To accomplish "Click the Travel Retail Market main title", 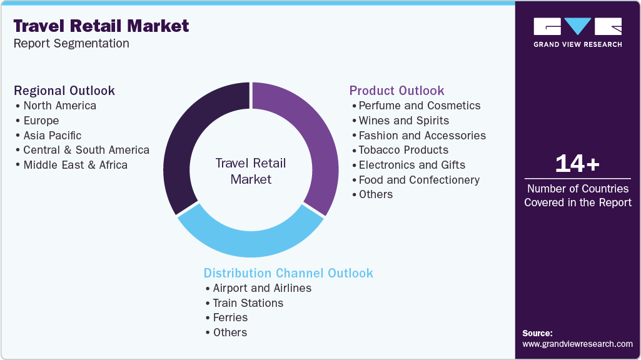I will [101, 26].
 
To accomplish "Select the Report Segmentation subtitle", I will [71, 44].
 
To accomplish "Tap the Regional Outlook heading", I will [64, 91].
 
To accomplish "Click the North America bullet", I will [59, 106].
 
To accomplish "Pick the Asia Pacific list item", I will [52, 135].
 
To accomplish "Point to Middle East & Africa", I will [75, 165].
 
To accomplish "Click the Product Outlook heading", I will [396, 91].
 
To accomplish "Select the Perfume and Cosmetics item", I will [419, 106].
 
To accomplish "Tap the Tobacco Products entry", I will [403, 150].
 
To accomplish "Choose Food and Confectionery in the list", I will [419, 180].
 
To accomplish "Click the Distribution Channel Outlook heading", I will [288, 273].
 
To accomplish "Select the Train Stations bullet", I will [248, 303].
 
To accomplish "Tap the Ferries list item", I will [230, 317].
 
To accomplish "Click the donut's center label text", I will [251, 171].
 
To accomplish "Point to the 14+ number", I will [577, 164].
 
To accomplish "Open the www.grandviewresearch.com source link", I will [577, 344].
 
